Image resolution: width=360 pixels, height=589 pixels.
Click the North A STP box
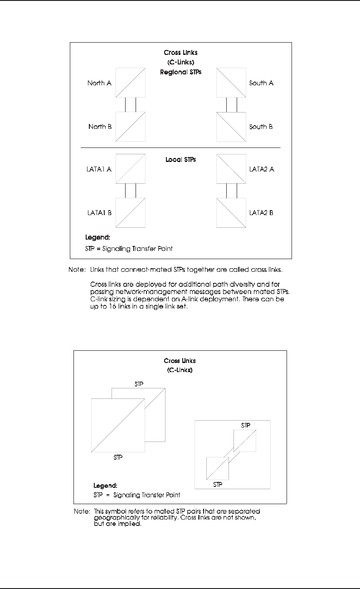[x=131, y=82]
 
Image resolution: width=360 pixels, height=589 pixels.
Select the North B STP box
[x=131, y=127]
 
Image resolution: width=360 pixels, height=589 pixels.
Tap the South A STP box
[x=231, y=82]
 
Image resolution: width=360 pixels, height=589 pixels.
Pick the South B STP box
[x=231, y=127]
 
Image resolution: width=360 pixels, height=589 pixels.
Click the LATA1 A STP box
[x=131, y=169]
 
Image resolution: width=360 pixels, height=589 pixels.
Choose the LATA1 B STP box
[x=131, y=212]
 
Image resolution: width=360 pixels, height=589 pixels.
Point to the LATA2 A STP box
[x=231, y=169]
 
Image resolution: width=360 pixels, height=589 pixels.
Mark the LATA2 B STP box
[x=231, y=212]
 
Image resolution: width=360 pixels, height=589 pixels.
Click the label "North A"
[x=99, y=83]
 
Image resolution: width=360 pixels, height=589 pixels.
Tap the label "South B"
[x=261, y=127]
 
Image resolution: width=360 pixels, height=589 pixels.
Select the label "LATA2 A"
[x=262, y=169]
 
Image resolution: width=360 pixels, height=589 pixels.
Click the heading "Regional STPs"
[x=180, y=72]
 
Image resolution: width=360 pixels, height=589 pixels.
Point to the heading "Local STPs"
[x=180, y=160]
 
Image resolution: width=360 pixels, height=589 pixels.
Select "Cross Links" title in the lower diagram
[x=180, y=361]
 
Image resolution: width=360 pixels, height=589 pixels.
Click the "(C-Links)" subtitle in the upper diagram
[x=180, y=63]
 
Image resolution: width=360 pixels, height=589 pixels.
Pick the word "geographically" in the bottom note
[x=114, y=517]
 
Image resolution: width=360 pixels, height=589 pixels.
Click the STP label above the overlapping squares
[x=139, y=384]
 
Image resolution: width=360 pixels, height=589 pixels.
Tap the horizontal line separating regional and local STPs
[x=180, y=148]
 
